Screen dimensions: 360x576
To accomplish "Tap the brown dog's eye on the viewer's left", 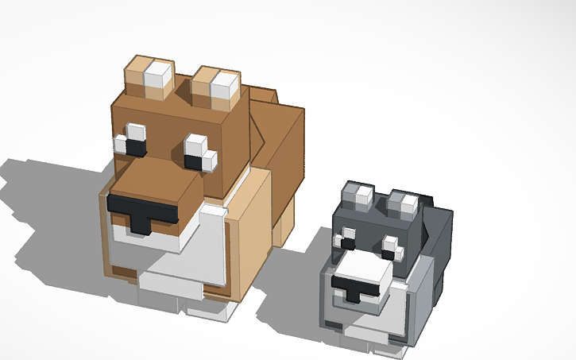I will point(132,142).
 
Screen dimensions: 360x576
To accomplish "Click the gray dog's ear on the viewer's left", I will point(356,196).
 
